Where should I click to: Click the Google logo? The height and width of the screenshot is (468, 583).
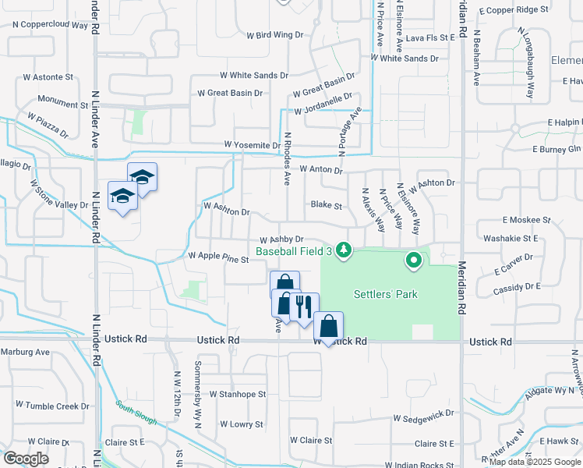coord(26,459)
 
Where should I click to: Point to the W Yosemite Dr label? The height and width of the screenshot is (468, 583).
coord(252,145)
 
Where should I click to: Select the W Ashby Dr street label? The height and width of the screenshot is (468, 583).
coord(281,240)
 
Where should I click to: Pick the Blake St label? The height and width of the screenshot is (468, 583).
coord(327,205)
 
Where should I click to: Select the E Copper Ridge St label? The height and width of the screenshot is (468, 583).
coord(514,10)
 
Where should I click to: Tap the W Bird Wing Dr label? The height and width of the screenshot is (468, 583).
coord(274,35)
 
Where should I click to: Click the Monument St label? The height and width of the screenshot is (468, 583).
coord(63,104)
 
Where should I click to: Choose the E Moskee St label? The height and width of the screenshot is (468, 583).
coord(527,221)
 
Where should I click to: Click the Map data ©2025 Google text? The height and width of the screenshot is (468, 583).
coord(534,462)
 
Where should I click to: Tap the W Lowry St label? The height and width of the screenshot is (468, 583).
coord(242,424)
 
